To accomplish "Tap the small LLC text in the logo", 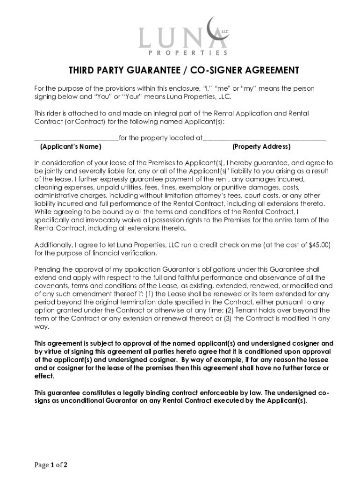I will coord(225,32).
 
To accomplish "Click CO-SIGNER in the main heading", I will coord(211,71).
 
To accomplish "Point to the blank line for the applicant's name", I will coord(76,138).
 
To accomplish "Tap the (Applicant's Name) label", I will coord(71,147).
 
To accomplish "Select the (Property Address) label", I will coord(261,147).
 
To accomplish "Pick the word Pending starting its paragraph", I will coord(47,269).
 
